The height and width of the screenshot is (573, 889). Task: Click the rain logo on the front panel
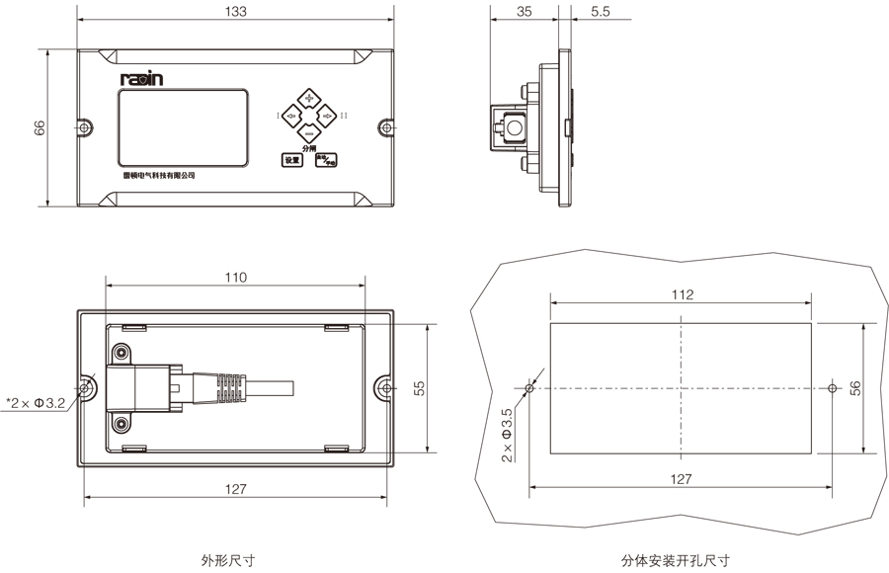(141, 77)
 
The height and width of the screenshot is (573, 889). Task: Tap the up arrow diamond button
(310, 100)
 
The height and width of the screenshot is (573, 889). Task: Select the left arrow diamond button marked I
(292, 118)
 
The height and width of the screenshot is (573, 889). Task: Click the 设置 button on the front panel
(291, 159)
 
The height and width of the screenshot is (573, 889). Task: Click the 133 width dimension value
(236, 12)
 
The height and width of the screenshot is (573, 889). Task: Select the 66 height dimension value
(40, 127)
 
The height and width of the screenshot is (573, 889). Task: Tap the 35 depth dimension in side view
(525, 12)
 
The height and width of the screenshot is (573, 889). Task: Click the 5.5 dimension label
(600, 12)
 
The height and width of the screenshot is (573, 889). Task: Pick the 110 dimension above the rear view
(235, 278)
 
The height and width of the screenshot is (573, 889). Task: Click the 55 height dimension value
(418, 389)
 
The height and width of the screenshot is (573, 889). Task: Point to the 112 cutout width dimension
(682, 294)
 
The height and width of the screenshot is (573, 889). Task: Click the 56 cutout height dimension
(855, 387)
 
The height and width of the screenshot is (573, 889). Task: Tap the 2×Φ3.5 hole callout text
(507, 436)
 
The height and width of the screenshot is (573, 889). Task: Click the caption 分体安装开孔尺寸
(676, 560)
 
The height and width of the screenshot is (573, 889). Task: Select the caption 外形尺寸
(228, 560)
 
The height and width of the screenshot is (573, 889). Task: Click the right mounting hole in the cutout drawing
(832, 388)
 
